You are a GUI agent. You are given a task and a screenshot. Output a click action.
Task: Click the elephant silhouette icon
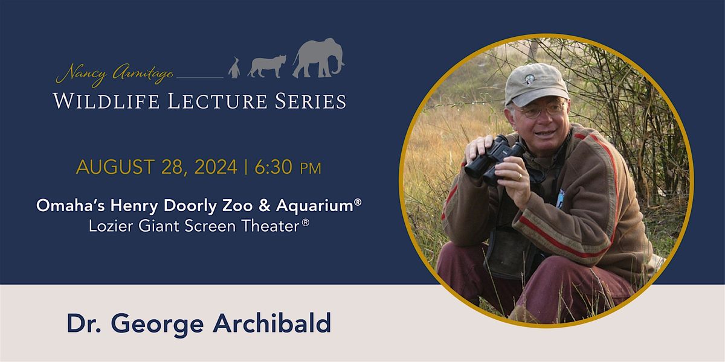[x=318, y=59]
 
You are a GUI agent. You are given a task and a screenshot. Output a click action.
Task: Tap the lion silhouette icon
[x=266, y=66]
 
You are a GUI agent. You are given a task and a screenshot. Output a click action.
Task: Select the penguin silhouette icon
[x=234, y=68]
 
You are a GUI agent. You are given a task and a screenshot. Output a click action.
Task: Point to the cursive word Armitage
[x=141, y=75]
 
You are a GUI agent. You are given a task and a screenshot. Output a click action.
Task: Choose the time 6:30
[x=275, y=167]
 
